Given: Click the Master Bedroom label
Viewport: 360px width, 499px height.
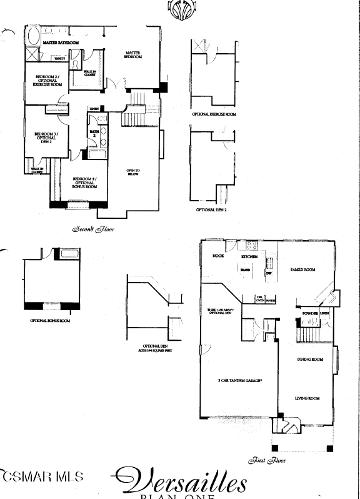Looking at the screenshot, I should (133, 55).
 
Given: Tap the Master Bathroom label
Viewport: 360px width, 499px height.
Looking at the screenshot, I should (61, 43).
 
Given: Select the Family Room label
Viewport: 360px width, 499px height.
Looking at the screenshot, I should (303, 270).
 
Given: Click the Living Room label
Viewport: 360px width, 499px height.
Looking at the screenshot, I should (307, 398).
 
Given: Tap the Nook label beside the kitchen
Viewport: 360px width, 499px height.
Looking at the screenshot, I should (218, 256).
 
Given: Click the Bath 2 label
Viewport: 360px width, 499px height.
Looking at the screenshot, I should (94, 134).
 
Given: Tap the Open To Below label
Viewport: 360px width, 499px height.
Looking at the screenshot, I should (133, 173).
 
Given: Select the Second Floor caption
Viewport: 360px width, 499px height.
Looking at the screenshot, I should (94, 229).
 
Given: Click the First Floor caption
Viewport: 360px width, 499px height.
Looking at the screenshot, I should (267, 460).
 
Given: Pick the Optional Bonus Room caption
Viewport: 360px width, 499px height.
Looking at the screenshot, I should (50, 321).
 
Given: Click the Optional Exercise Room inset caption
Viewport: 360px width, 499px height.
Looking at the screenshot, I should (214, 114).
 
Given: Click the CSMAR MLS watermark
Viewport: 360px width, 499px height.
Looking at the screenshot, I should (41, 477).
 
